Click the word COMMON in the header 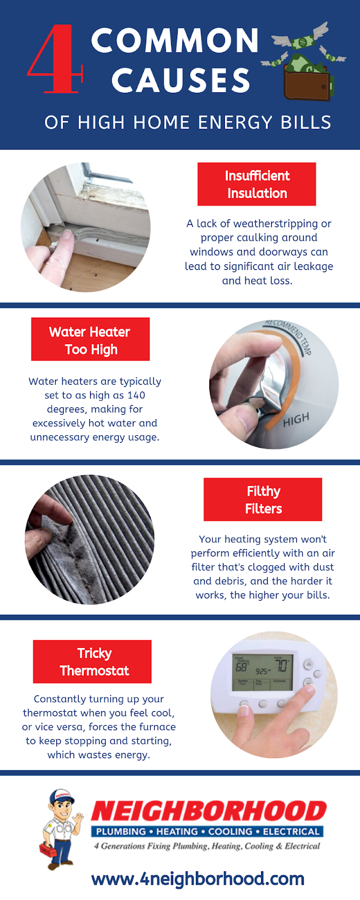point(175,40)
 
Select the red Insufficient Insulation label point(256,184)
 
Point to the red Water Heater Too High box point(91,339)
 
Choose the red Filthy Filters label point(263,499)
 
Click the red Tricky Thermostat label point(92,661)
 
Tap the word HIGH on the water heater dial point(296,420)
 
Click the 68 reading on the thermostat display point(241,668)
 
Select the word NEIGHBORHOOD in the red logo point(209,811)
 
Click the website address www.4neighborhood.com point(197,879)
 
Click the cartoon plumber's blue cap point(61,796)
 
